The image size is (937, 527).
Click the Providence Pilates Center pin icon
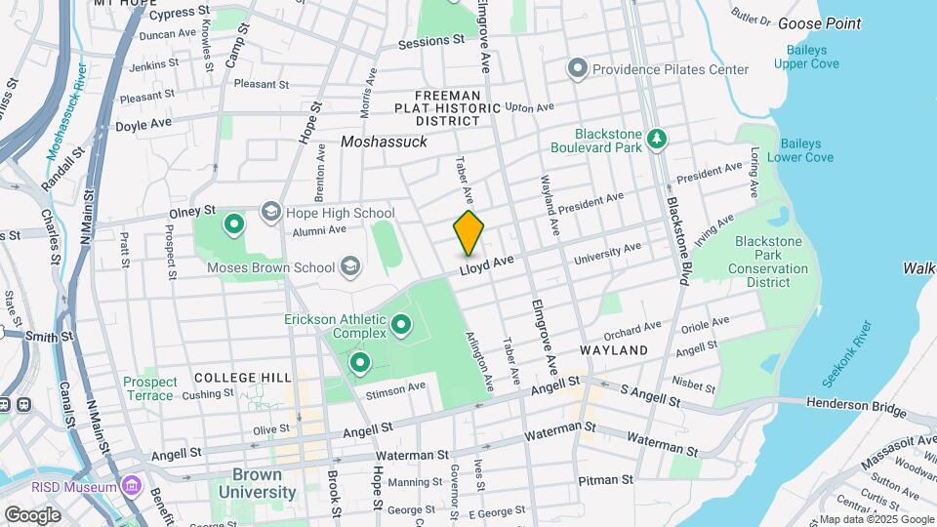point(577,69)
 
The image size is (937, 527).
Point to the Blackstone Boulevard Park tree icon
point(659,139)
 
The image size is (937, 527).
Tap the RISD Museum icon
point(132,486)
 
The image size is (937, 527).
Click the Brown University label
point(265,483)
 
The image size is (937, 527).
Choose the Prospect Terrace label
point(150,388)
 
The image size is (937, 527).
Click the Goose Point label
point(819,23)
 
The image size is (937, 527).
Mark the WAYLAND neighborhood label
point(613,349)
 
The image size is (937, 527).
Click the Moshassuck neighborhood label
point(384,142)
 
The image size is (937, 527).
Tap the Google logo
point(33,514)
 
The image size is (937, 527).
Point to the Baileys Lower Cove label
point(799,149)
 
